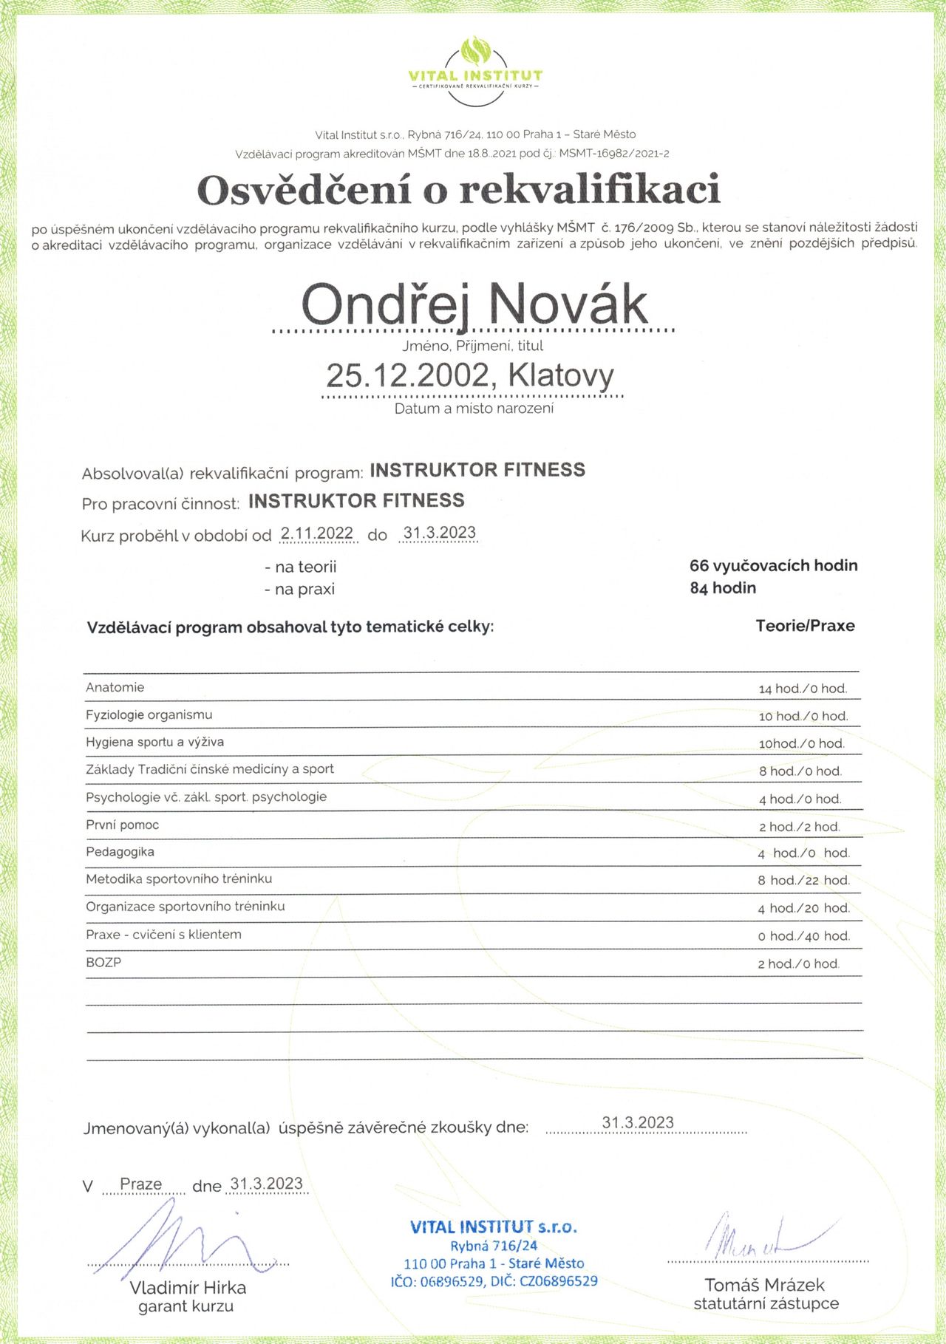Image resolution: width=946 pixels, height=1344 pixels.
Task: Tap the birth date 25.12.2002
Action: (407, 375)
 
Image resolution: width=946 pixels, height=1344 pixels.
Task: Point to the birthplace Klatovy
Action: (561, 375)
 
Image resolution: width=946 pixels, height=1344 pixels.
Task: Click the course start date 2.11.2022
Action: (317, 533)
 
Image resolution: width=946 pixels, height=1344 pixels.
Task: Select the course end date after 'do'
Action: (439, 533)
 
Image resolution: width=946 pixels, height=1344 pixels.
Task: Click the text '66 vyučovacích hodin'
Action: (773, 566)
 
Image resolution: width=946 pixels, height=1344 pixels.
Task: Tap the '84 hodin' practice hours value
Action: (722, 588)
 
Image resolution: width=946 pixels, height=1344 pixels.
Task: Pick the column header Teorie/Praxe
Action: (805, 626)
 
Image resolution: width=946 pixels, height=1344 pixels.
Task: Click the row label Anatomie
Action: (115, 687)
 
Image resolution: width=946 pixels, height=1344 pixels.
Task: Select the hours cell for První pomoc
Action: (799, 827)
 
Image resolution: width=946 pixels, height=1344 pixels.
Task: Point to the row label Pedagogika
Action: (120, 852)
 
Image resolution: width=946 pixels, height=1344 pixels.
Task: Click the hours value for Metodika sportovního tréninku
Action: (803, 880)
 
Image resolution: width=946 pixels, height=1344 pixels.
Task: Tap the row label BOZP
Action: (103, 963)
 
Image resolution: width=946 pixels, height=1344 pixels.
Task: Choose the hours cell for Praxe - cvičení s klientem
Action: (803, 936)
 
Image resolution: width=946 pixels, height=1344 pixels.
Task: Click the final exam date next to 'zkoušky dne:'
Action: (638, 1123)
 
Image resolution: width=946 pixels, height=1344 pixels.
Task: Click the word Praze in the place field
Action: (140, 1184)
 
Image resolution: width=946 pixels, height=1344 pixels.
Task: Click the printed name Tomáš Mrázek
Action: (764, 1285)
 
